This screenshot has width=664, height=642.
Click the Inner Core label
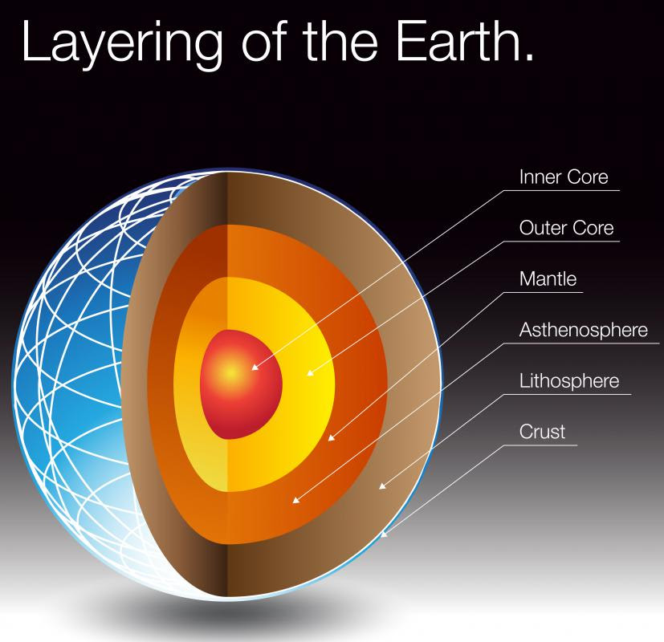tap(564, 177)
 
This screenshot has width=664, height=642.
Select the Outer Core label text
tap(566, 228)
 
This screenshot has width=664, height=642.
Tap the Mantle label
tap(548, 279)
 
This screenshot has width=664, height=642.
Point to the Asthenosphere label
tap(584, 330)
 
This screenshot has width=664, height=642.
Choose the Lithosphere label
tap(569, 381)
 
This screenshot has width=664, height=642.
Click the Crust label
tap(542, 432)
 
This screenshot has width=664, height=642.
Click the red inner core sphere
tap(241, 384)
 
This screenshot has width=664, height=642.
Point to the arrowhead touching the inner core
tap(255, 367)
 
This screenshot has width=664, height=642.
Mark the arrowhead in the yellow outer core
tap(311, 372)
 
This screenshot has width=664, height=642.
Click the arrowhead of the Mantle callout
tap(332, 437)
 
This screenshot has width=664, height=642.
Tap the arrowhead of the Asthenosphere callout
tap(296, 500)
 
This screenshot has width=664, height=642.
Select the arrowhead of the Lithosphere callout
tap(382, 486)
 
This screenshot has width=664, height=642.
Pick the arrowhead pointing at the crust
tap(384, 534)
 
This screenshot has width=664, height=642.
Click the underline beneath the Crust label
tap(541, 445)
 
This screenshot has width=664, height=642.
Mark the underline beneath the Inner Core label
tap(562, 190)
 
